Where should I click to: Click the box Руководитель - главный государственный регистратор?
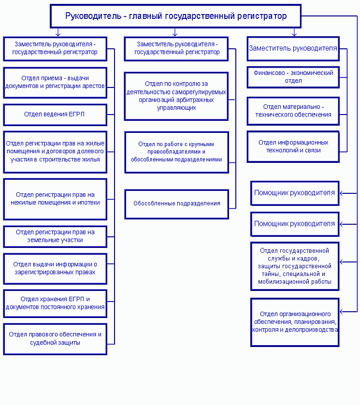click(175, 16)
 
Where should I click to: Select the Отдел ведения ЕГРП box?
click(55, 115)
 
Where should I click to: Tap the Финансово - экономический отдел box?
click(293, 77)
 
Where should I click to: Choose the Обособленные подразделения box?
click(177, 204)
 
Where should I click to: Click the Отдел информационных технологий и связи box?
click(293, 146)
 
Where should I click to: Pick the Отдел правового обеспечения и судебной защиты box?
click(55, 339)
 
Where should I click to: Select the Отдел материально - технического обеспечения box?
click(293, 111)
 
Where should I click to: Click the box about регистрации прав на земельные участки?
click(55, 236)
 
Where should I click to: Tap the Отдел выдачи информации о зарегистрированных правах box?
click(55, 269)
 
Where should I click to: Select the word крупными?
click(203, 144)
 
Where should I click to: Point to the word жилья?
click(91, 159)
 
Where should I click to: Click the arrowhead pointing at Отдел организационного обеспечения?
click(342, 312)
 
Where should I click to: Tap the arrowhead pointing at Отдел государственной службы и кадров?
click(342, 262)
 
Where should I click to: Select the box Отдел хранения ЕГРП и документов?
click(55, 304)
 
